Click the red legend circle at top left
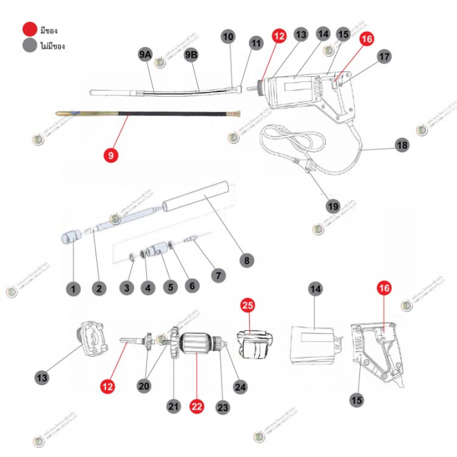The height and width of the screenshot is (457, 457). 29,30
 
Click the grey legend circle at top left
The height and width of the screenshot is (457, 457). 29,46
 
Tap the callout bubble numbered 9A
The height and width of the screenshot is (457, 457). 145,55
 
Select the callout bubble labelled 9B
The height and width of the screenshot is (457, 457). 191,55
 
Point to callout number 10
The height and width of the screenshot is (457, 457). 228,37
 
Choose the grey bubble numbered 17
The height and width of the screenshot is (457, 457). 385,57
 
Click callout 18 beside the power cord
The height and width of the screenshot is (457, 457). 402,145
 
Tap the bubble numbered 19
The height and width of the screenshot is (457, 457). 333,206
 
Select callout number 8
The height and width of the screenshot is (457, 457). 246,260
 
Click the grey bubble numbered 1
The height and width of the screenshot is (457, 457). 73,287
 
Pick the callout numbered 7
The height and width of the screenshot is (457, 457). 218,276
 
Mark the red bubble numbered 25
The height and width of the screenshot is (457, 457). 248,304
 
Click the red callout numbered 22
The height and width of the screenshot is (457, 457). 197,407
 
